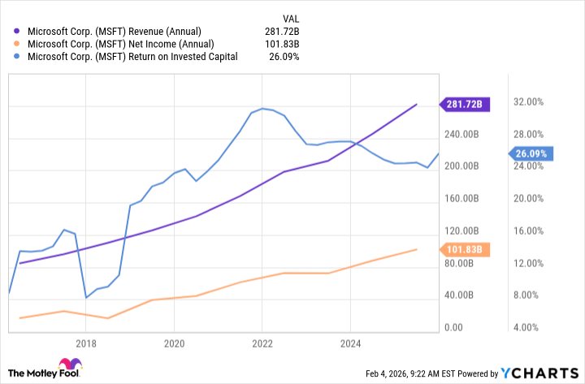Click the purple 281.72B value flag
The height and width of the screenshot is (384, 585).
463,104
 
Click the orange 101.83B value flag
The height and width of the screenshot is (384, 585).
463,249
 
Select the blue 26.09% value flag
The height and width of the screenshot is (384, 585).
531,153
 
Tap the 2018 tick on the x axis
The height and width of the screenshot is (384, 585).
86,343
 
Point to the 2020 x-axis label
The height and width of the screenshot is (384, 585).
174,343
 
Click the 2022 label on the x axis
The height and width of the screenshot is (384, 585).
262,343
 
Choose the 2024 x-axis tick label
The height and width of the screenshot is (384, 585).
349,343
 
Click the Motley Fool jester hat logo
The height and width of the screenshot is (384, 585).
64,366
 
